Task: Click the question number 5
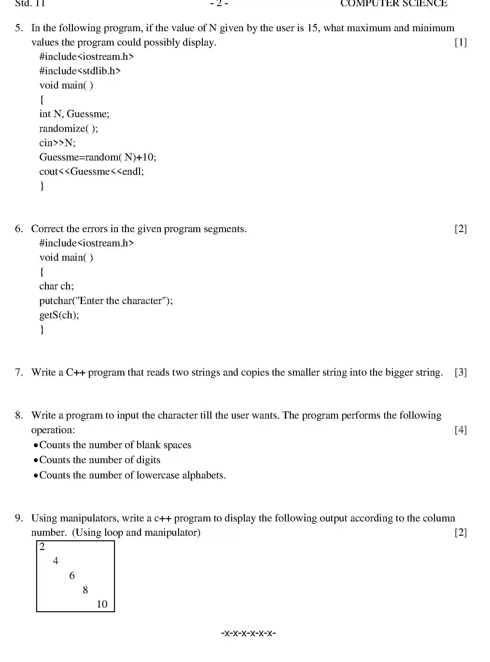click(19, 28)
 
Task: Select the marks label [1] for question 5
click(460, 42)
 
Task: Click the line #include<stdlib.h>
click(80, 71)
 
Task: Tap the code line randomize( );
click(68, 129)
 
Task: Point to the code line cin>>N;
click(57, 143)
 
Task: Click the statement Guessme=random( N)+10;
click(98, 157)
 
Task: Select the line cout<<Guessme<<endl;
click(91, 172)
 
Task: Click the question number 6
click(19, 229)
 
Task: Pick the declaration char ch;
click(56, 286)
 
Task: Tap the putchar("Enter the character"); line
click(106, 300)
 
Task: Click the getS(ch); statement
click(59, 315)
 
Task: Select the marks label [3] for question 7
click(460, 372)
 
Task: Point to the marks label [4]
click(460, 430)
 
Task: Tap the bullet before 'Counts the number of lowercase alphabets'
click(35, 476)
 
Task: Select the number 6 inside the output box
click(72, 575)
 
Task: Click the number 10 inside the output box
click(102, 604)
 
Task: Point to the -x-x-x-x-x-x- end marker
click(248, 633)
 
